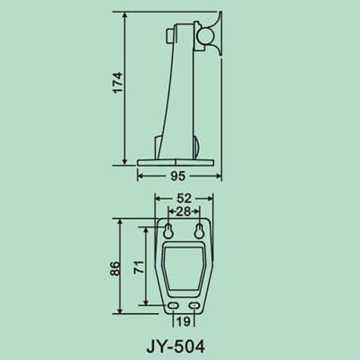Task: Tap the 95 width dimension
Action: [x=177, y=177]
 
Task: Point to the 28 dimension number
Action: [x=183, y=211]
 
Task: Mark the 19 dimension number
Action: [x=183, y=320]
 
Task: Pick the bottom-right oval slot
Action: [x=196, y=307]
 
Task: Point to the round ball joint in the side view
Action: [x=205, y=37]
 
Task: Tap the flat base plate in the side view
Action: [x=177, y=162]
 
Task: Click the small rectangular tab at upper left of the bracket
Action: [x=169, y=37]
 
